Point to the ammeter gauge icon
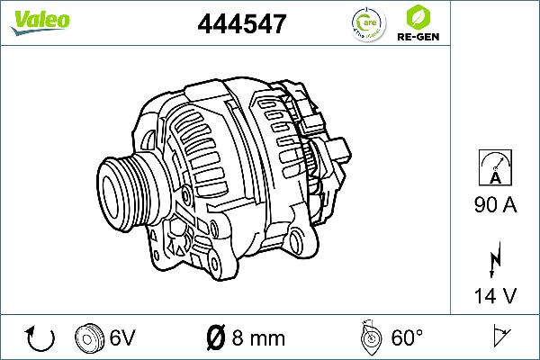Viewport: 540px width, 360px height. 495,167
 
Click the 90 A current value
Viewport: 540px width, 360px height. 495,205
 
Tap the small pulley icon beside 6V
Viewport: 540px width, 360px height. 90,337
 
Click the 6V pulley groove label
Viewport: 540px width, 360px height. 122,338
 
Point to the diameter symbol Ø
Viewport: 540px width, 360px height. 216,338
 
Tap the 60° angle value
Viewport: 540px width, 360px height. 407,338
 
